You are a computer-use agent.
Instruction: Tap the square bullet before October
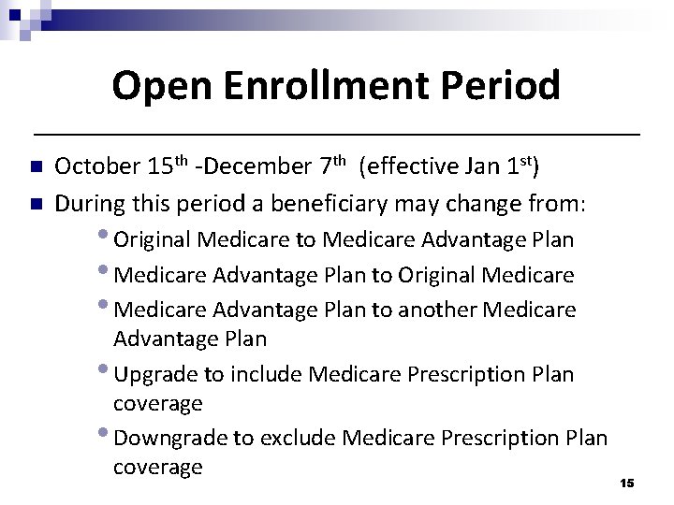pos(36,168)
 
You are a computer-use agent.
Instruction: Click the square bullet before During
pos(36,202)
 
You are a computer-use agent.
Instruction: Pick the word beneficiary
pos(299,201)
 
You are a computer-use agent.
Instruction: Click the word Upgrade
pos(154,374)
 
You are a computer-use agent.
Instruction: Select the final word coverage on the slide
pos(157,467)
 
